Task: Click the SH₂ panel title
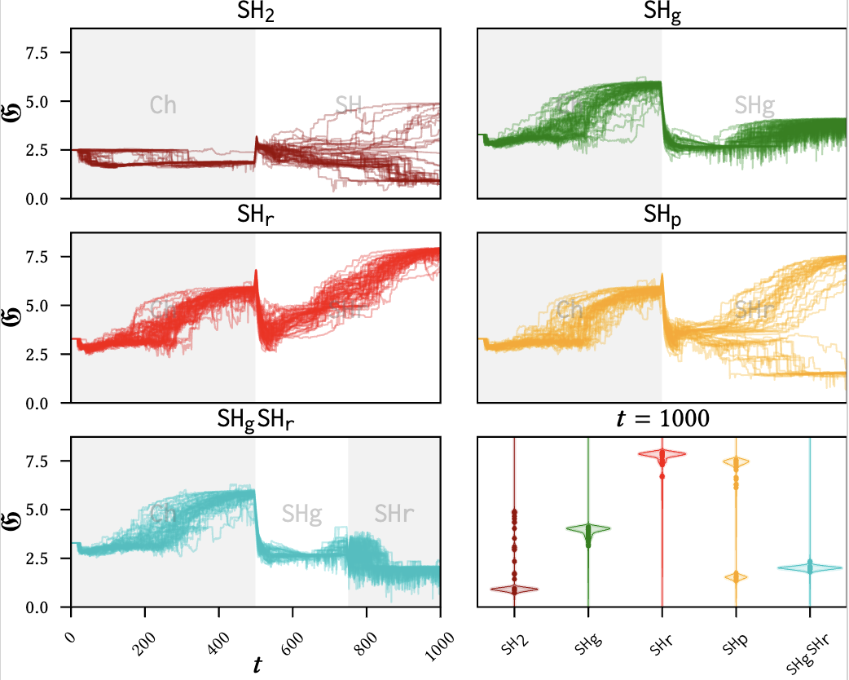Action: (x=255, y=15)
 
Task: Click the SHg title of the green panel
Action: (x=661, y=15)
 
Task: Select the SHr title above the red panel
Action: (x=255, y=218)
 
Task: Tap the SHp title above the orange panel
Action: (x=661, y=218)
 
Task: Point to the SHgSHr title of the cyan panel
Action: (x=255, y=422)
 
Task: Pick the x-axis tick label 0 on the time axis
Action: (x=69, y=625)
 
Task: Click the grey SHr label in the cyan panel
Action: (x=394, y=514)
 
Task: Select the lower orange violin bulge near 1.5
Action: (x=736, y=577)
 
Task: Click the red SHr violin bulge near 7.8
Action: (x=662, y=455)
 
